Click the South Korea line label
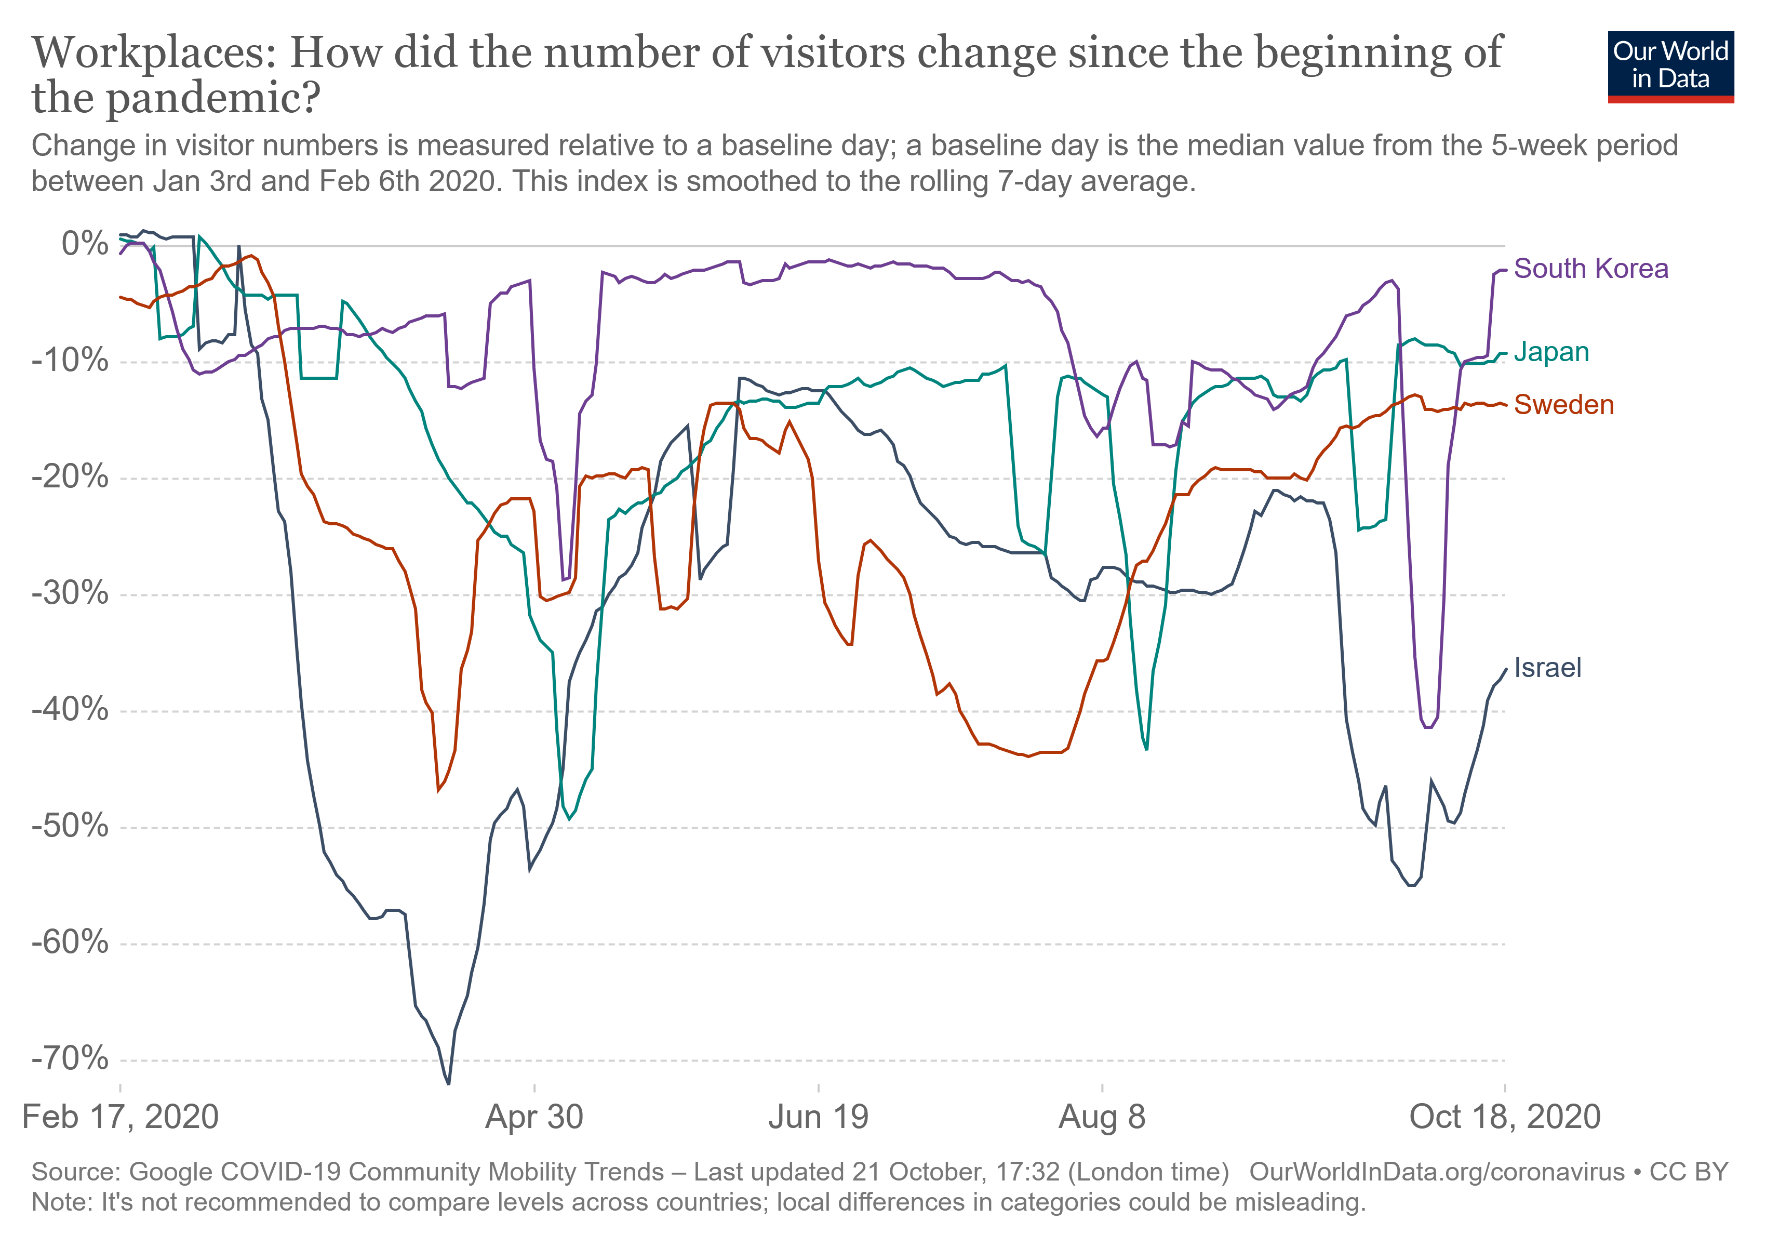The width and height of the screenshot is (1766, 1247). [x=1590, y=269]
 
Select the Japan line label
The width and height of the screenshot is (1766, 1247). [x=1550, y=352]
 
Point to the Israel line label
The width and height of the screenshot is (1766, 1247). [x=1547, y=667]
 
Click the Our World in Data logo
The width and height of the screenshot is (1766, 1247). [x=1670, y=66]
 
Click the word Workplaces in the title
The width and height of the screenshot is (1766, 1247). [x=153, y=54]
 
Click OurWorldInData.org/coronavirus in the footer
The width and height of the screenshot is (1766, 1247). [x=1436, y=1172]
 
